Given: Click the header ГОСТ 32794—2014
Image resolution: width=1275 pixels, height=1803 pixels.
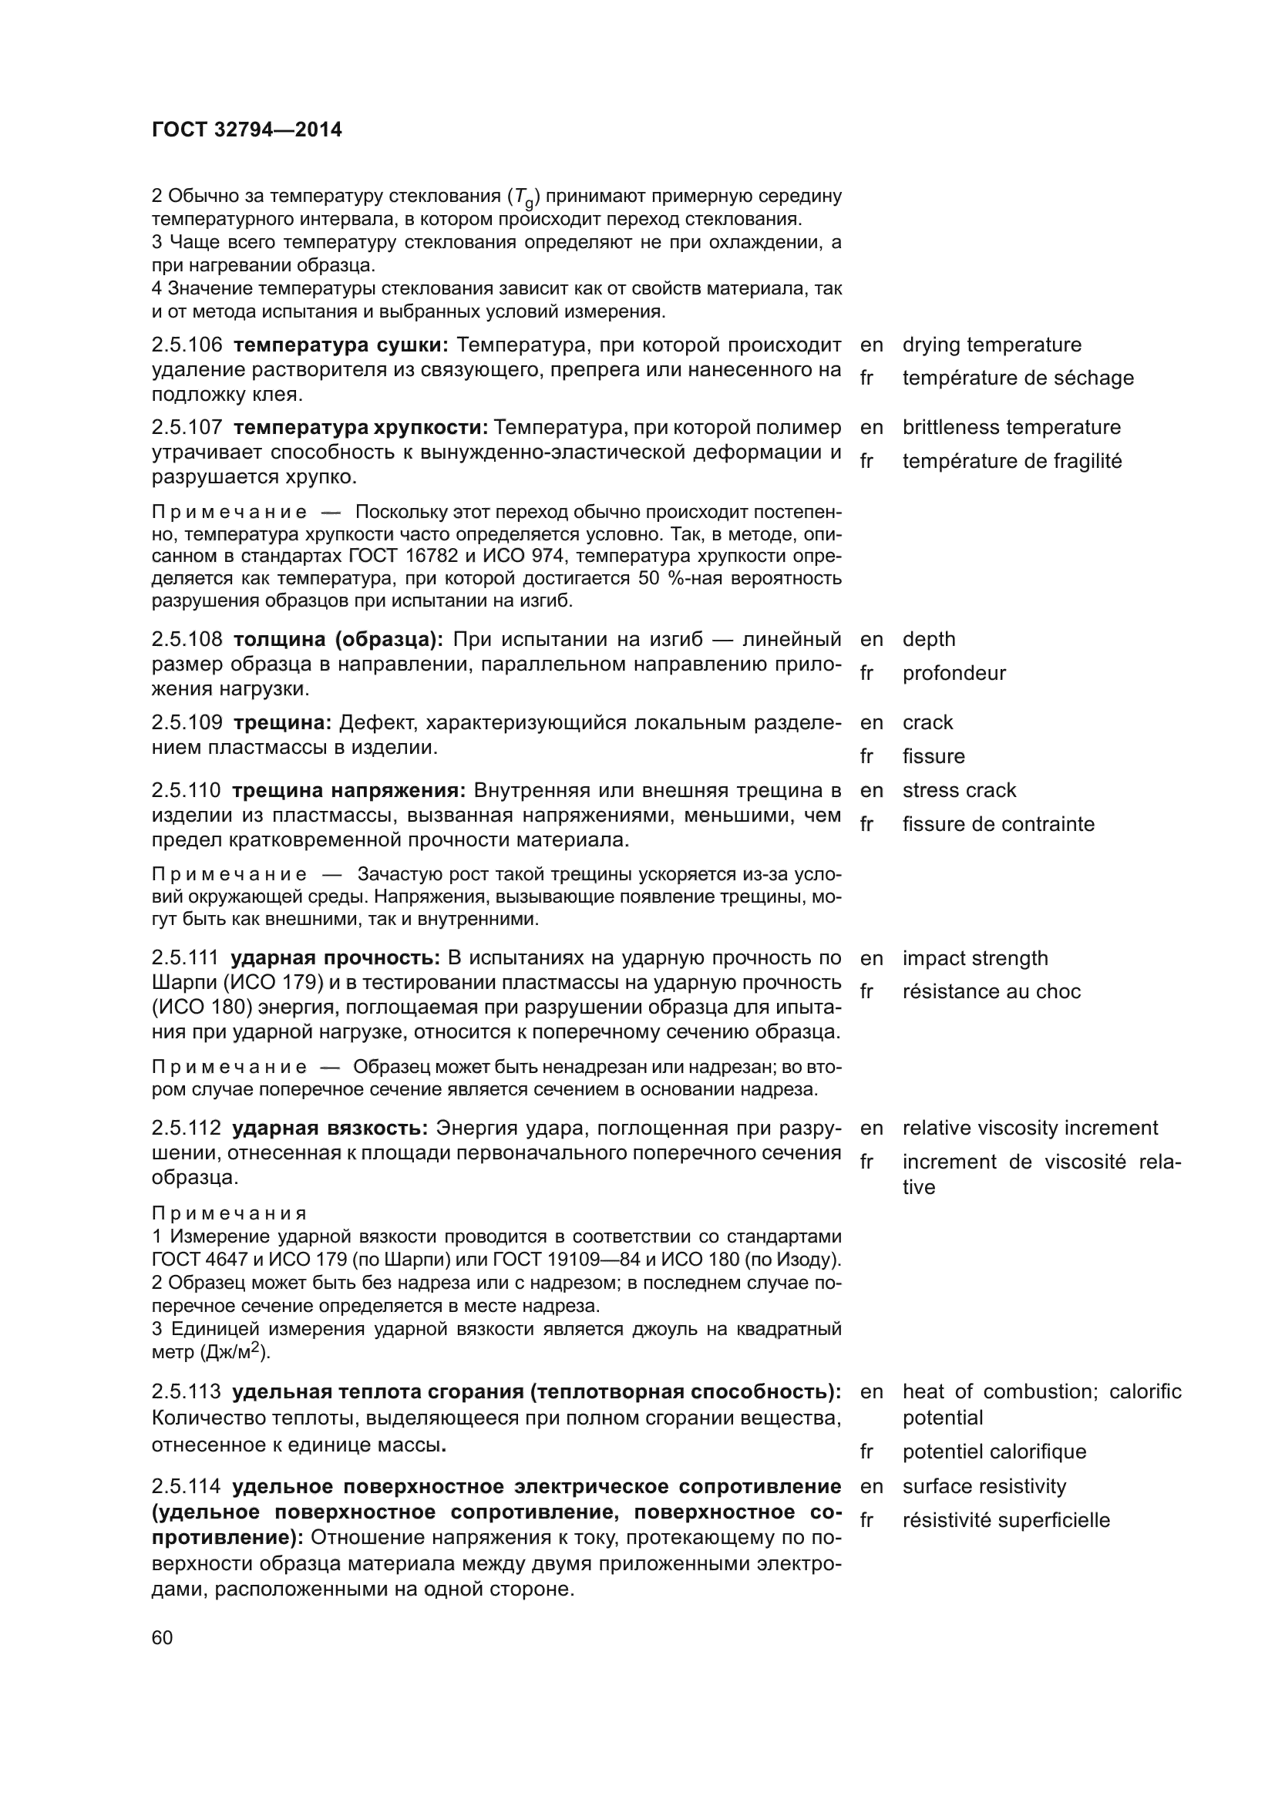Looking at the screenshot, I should pyautogui.click(x=247, y=130).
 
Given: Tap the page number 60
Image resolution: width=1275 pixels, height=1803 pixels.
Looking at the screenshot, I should pyautogui.click(x=163, y=1638).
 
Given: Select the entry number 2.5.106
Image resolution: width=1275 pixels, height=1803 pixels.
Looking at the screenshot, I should pyautogui.click(x=187, y=345).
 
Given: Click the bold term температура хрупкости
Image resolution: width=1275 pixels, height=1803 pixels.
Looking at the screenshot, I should pyautogui.click(x=360, y=428).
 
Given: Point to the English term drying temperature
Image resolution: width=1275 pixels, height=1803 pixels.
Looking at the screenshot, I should pyautogui.click(x=991, y=345).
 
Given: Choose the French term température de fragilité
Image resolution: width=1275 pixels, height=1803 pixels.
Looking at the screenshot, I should pyautogui.click(x=1012, y=461).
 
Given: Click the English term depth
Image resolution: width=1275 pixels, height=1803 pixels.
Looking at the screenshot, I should pyautogui.click(x=929, y=639).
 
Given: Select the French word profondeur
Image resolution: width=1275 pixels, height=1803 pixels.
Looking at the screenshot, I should pyautogui.click(x=954, y=673).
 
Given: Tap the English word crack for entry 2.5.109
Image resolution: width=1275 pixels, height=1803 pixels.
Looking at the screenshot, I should pyautogui.click(x=927, y=722).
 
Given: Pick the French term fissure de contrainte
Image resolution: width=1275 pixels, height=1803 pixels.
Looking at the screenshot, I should pyautogui.click(x=997, y=824).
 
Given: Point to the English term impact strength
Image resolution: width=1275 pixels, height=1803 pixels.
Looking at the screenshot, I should pyautogui.click(x=975, y=958).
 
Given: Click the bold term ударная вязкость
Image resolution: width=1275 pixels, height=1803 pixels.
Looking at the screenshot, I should pyautogui.click(x=330, y=1129).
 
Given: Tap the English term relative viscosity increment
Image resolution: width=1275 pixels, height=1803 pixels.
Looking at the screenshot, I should pyautogui.click(x=1030, y=1128).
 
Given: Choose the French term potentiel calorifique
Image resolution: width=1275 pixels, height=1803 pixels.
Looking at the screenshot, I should pyautogui.click(x=994, y=1451).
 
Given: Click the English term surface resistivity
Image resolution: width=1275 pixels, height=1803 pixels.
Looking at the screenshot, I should pyautogui.click(x=984, y=1485).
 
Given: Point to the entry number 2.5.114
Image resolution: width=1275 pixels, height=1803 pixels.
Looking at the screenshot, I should pyautogui.click(x=187, y=1486).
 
